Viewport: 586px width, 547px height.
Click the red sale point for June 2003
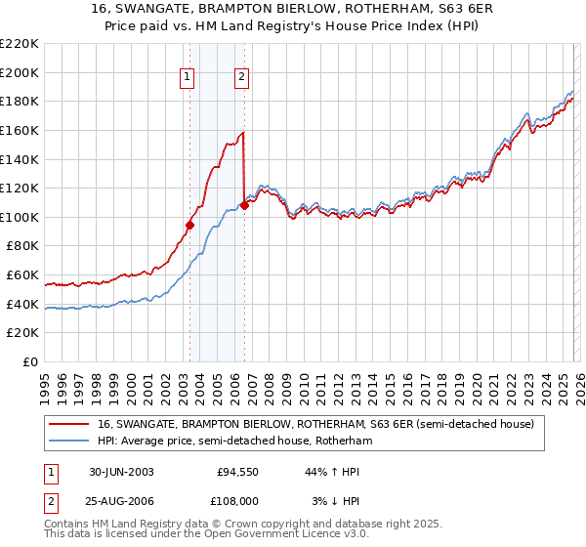(x=189, y=225)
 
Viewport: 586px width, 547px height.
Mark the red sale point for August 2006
(x=244, y=205)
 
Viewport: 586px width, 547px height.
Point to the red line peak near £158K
(x=242, y=133)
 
